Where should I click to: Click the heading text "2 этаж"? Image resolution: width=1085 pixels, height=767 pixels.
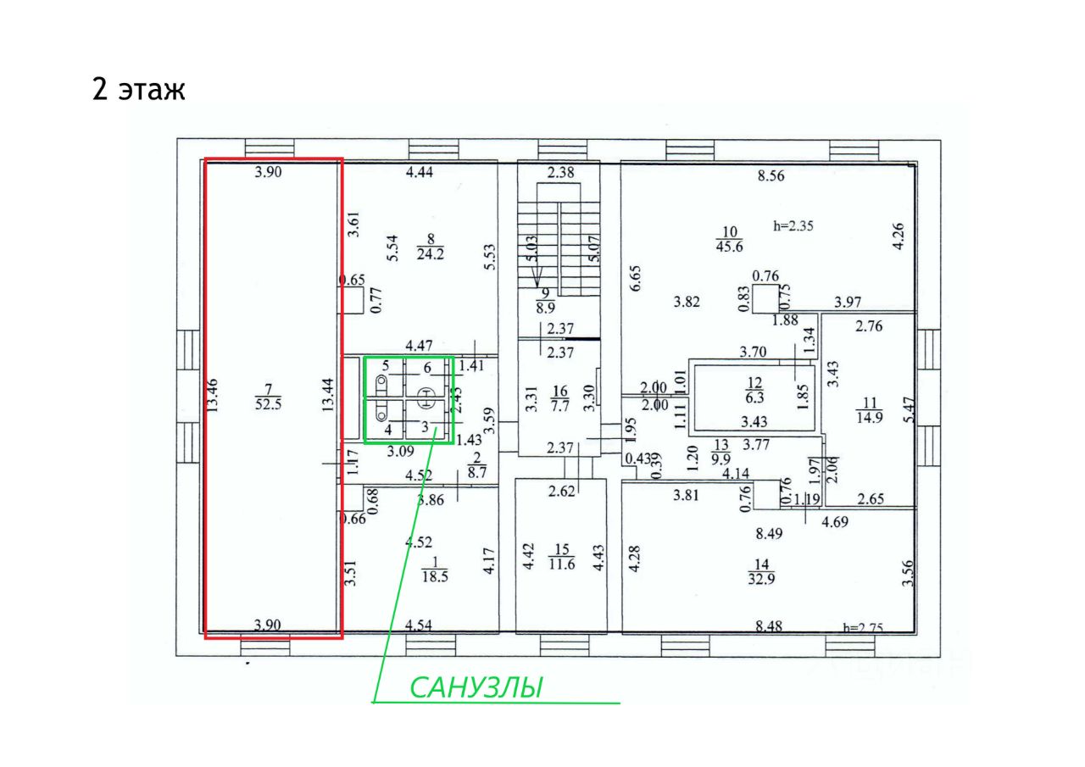138,90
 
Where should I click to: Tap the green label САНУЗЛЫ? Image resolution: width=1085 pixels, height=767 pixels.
476,687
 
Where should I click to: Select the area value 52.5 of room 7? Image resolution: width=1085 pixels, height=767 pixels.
269,404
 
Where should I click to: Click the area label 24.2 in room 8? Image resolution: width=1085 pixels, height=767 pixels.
432,252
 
